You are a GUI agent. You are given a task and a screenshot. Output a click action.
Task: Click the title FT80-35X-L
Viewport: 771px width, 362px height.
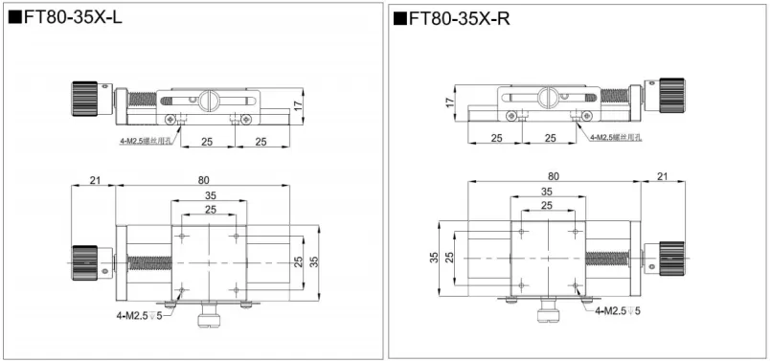coord(67,17)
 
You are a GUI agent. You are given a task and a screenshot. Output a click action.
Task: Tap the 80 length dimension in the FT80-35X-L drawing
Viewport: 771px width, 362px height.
coord(204,179)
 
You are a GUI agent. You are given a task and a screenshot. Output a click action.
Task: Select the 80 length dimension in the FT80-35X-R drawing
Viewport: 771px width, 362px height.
coord(554,175)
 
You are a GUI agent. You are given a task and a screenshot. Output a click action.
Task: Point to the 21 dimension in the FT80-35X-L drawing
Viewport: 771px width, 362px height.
coord(94,179)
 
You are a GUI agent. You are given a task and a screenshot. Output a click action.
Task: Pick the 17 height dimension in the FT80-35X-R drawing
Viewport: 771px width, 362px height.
coord(448,102)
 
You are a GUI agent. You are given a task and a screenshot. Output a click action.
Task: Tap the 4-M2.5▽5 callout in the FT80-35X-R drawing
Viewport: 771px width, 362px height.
coord(618,311)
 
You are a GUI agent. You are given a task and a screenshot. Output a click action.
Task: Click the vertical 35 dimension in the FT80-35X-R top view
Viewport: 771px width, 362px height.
coord(433,257)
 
